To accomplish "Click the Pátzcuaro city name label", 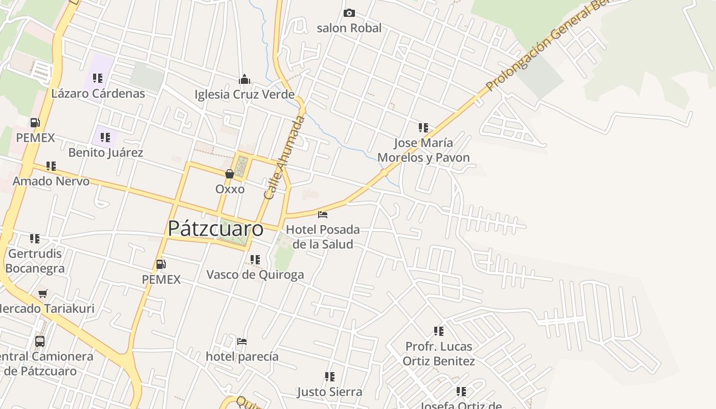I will point(215,229).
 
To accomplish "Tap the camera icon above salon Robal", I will point(349,13).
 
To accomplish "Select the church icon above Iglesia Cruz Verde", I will point(244,79).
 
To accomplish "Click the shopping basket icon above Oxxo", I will point(230,174).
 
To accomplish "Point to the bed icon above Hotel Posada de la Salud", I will point(322,215).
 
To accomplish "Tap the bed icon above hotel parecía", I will point(242,342).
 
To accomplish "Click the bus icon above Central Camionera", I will point(40,341).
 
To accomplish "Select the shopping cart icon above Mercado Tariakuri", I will point(43,294).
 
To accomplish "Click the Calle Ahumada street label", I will point(284,157).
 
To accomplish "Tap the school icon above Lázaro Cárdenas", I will point(98,78).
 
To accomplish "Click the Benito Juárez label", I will point(106,152).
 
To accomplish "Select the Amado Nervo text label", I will point(51,181).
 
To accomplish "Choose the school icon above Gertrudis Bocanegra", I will point(35,239).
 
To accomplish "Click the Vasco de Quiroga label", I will point(255,275).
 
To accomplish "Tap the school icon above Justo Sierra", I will point(330,377).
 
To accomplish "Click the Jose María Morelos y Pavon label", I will point(423,150).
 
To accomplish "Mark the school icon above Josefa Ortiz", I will point(461,392).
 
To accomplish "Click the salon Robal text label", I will point(349,28).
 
